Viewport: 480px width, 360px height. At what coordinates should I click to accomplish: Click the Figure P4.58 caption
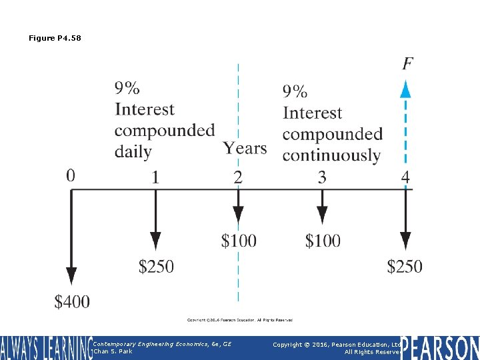point(55,38)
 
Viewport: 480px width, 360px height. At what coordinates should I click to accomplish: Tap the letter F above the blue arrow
point(407,64)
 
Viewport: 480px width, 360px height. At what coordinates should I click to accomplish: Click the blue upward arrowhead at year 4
point(405,89)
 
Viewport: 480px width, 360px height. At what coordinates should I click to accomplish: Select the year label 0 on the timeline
point(71,175)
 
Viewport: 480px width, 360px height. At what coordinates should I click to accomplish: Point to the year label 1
point(155,177)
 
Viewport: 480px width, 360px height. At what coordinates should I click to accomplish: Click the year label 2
point(238,177)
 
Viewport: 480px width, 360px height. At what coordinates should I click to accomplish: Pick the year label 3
point(322,177)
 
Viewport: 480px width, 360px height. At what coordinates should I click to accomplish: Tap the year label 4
point(405,177)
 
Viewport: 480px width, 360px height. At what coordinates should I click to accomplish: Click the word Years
point(245,148)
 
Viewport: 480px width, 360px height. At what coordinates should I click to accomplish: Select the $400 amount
point(72,302)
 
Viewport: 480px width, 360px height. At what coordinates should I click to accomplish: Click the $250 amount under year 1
point(156,267)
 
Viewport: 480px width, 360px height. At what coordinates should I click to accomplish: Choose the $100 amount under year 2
point(239,240)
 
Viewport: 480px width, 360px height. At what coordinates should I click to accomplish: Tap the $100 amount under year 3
point(323,240)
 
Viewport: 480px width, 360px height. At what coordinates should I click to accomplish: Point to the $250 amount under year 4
point(405,267)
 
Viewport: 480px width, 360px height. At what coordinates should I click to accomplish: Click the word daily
point(133,152)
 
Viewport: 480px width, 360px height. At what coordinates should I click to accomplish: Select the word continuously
point(331,155)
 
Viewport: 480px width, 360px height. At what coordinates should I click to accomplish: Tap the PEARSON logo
point(440,347)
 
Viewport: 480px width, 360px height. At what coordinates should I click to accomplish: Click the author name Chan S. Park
point(113,351)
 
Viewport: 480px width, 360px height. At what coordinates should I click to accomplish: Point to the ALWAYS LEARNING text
point(45,347)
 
